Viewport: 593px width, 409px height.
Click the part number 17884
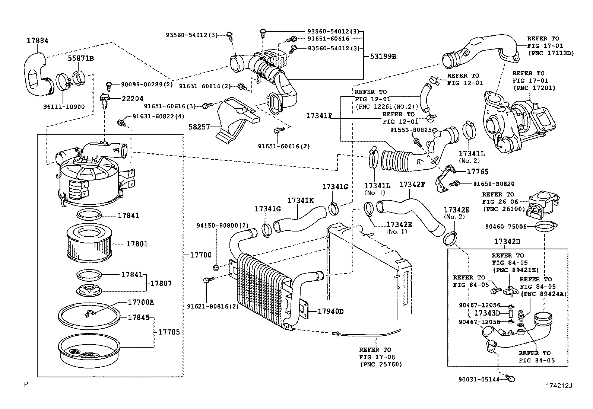(37, 40)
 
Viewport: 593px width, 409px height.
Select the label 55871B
(80, 58)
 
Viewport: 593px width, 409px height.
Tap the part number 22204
(132, 99)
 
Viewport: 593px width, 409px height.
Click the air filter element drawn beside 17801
(89, 244)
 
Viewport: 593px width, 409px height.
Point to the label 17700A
(140, 302)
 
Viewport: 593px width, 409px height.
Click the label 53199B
(383, 57)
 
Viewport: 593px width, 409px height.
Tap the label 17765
(478, 172)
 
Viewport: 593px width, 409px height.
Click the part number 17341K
(300, 200)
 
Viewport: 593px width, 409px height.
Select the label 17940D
(330, 311)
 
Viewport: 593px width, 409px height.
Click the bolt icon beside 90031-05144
(511, 379)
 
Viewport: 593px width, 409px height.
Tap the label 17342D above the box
(507, 242)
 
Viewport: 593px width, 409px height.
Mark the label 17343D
(486, 313)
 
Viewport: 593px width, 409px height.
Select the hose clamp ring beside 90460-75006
(546, 226)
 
